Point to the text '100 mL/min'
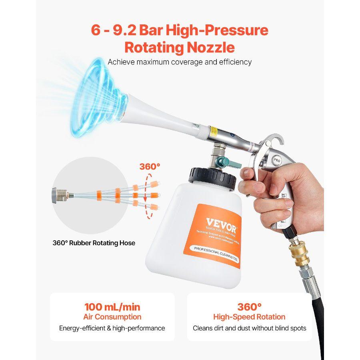[112, 307]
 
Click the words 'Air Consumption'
[112, 317]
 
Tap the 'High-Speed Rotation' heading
[249, 317]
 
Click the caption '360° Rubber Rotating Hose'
[94, 243]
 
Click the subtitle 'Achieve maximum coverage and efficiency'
[180, 62]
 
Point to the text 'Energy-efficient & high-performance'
[112, 328]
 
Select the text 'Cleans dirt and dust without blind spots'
[249, 328]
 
